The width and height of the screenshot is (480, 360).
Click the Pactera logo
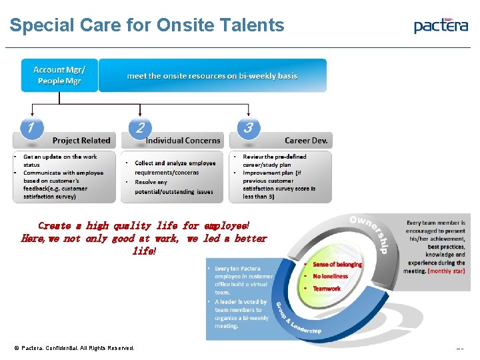(x=441, y=26)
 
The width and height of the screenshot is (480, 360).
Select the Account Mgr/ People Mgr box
(x=59, y=75)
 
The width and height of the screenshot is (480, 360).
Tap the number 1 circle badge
(x=31, y=127)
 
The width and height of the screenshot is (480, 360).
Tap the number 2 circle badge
(x=139, y=127)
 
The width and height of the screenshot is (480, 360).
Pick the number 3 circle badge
(x=247, y=127)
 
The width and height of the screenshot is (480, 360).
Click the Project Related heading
(x=81, y=141)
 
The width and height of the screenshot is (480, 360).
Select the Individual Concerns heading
(x=183, y=141)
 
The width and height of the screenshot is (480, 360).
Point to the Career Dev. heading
(x=307, y=141)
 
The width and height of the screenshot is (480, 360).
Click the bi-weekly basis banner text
(x=212, y=75)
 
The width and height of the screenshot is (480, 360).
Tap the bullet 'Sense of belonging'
(x=337, y=265)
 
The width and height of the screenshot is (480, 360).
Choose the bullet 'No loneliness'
(x=331, y=276)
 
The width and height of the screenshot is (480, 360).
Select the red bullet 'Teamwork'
(x=327, y=289)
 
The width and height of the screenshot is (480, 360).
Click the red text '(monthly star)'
(x=446, y=271)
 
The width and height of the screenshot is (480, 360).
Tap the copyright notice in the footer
(x=74, y=348)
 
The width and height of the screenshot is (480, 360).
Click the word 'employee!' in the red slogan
(x=227, y=226)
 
